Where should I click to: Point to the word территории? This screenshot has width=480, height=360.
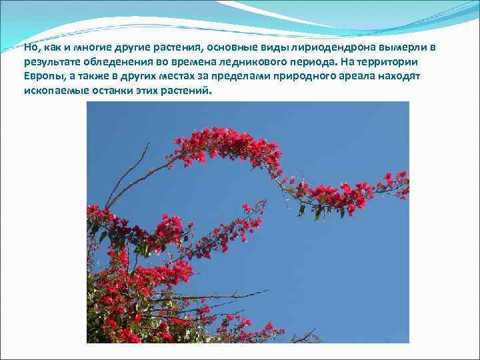[389, 62]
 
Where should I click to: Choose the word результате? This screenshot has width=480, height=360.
[49, 62]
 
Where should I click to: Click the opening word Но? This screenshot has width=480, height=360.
[30, 47]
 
